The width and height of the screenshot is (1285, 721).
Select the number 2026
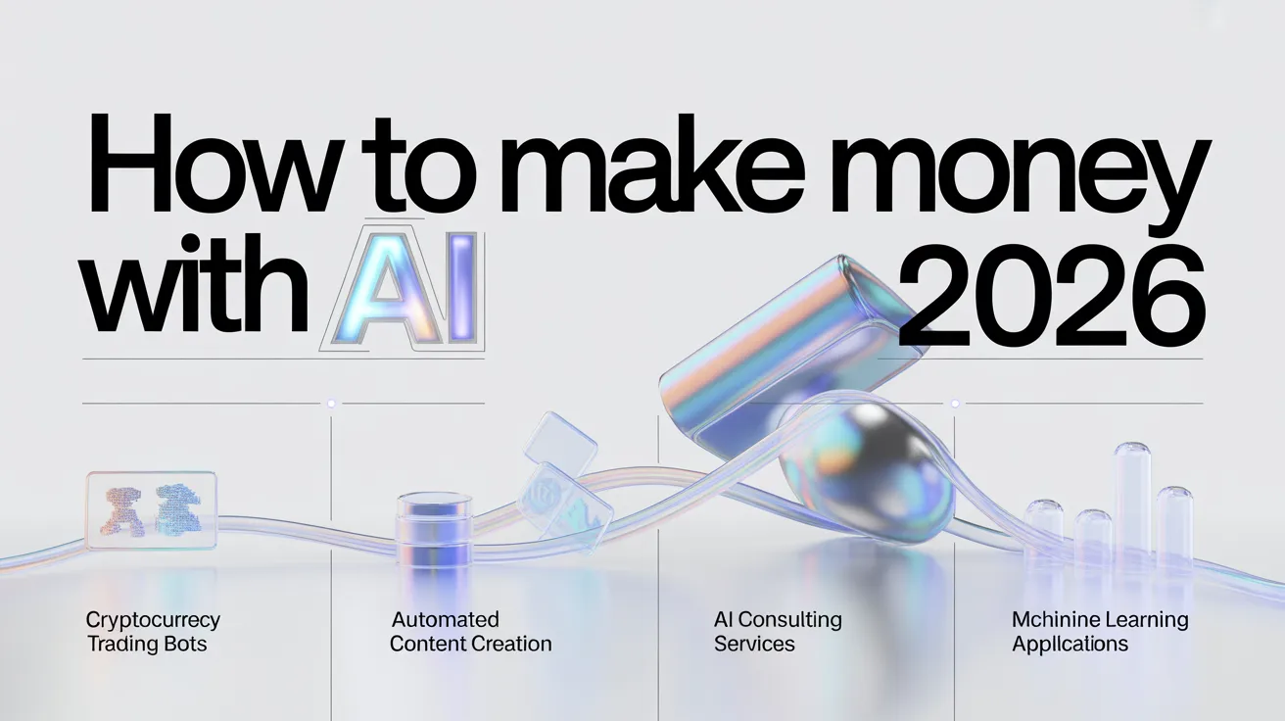1051,296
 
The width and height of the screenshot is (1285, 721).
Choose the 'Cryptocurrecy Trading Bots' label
153,632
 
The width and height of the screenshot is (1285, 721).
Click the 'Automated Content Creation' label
470,632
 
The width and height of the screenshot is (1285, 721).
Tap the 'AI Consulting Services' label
778,632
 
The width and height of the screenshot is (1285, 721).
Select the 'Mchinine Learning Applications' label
1100,632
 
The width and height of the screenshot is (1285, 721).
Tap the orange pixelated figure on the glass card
122,511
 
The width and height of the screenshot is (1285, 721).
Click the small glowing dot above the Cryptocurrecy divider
331,404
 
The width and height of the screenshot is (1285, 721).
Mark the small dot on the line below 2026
955,404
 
